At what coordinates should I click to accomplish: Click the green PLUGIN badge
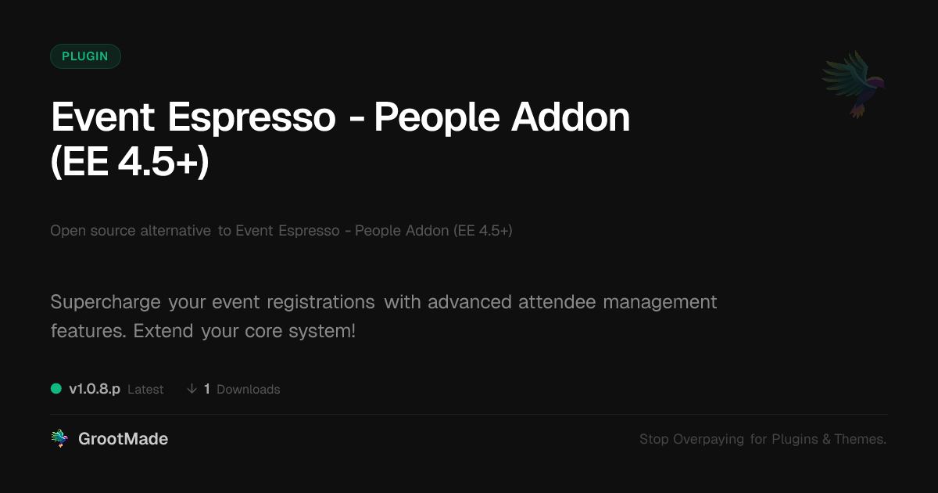(x=85, y=56)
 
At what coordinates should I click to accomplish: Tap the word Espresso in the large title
(x=252, y=117)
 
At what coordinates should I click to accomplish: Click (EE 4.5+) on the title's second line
(x=130, y=162)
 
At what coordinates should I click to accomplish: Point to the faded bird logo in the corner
(x=854, y=85)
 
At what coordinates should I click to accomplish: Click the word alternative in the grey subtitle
(x=175, y=231)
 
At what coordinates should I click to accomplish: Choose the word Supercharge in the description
(x=106, y=303)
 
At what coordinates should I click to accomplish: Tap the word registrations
(x=320, y=302)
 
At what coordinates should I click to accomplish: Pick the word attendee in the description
(x=557, y=302)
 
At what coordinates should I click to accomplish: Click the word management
(x=660, y=303)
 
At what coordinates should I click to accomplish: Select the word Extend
(x=163, y=331)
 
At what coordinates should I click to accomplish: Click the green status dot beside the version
(x=56, y=389)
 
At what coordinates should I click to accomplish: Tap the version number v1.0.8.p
(x=95, y=389)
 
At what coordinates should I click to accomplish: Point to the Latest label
(x=145, y=390)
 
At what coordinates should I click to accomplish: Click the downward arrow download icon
(x=192, y=389)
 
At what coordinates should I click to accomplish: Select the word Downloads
(x=249, y=390)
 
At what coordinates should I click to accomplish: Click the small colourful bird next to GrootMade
(x=59, y=438)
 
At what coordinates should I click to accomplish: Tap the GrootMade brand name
(x=124, y=439)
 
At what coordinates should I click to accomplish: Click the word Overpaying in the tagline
(x=708, y=439)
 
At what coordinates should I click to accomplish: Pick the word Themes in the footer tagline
(x=860, y=439)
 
